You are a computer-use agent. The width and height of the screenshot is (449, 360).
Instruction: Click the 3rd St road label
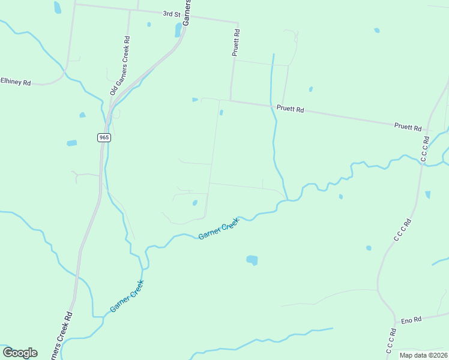[x=171, y=13]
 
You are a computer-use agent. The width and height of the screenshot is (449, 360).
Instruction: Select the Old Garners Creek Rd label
[x=119, y=66]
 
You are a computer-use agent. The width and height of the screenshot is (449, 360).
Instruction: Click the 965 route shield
[x=104, y=137]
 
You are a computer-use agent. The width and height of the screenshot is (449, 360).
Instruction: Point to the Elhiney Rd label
[x=16, y=82]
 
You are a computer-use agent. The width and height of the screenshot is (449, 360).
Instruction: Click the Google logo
[x=20, y=353]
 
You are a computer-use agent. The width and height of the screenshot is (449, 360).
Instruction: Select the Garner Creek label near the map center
[x=218, y=229]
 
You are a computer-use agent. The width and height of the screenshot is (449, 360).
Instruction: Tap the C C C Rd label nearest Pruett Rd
[x=424, y=153]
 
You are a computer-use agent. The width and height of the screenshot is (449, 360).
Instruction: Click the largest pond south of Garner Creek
[x=252, y=260]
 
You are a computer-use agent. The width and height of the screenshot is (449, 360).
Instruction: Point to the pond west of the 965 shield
[x=72, y=143]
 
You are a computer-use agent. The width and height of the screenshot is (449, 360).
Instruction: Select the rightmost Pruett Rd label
[x=408, y=127]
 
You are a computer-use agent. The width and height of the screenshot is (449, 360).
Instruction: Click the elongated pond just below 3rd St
[x=178, y=30]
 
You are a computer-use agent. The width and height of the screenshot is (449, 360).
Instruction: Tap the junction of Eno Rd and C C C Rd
[x=394, y=318]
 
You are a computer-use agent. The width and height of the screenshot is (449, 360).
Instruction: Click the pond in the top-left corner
[x=58, y=7]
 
